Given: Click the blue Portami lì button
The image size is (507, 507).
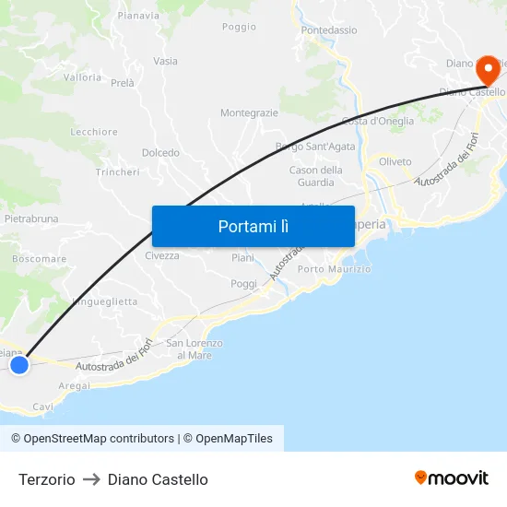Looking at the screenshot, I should click(253, 226).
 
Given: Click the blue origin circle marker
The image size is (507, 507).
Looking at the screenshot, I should click(19, 365).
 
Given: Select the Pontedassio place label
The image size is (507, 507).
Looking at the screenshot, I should click(329, 30).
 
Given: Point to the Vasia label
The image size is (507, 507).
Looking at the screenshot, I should click(166, 62).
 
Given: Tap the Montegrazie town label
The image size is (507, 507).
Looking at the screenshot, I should click(249, 112).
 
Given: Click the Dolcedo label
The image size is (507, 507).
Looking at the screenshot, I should click(160, 152).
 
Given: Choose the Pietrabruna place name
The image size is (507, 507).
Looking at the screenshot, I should click(31, 219).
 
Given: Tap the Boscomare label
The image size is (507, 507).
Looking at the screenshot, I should click(40, 259).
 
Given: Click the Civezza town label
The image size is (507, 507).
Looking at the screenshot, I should click(162, 255).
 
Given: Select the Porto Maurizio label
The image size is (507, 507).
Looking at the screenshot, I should click(334, 269).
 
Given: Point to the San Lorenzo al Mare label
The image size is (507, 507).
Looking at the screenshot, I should click(194, 349).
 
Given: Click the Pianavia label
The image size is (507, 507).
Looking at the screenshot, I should click(138, 16).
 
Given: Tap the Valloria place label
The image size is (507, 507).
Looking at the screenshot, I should click(83, 77).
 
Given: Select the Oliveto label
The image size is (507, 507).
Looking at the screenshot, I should click(395, 161).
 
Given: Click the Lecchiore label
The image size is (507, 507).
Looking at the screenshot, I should click(94, 132).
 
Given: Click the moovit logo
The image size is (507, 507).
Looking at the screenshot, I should click(452, 478).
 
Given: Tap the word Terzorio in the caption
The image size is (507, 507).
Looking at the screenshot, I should click(47, 479).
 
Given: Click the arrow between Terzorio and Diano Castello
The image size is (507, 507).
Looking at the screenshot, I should click(91, 479).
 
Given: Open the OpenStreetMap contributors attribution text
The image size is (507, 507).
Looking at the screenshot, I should click(93, 439).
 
